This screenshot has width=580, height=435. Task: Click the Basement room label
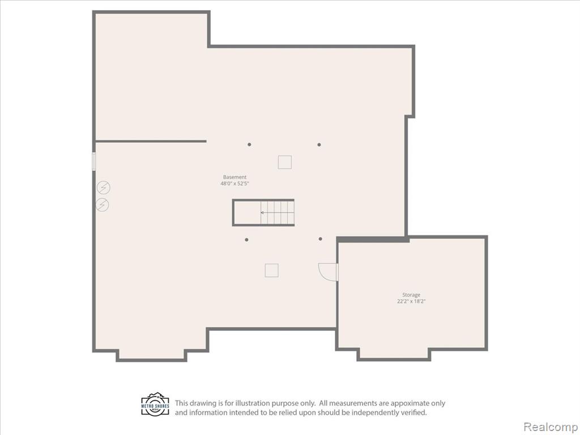click(x=234, y=177)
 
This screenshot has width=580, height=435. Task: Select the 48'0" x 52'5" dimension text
click(x=235, y=184)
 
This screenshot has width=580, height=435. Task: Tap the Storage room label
click(x=411, y=295)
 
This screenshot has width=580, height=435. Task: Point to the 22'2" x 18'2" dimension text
click(x=411, y=301)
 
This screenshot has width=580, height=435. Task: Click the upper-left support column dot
click(x=249, y=144)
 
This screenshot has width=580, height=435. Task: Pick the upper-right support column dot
click(x=319, y=144)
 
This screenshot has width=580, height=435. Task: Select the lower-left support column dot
click(x=247, y=240)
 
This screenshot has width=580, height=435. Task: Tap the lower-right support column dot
click(x=321, y=239)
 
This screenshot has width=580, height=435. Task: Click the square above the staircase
click(x=285, y=163)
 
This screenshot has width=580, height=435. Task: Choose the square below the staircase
click(x=271, y=270)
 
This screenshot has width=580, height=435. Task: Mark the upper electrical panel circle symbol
click(x=104, y=188)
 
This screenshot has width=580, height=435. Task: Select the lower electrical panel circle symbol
click(x=102, y=205)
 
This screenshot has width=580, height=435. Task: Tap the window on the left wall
click(x=94, y=161)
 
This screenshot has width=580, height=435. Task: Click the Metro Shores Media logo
click(x=155, y=404)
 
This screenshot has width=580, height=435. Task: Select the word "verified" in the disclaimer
click(x=413, y=412)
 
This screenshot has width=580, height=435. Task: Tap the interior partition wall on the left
click(x=151, y=141)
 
